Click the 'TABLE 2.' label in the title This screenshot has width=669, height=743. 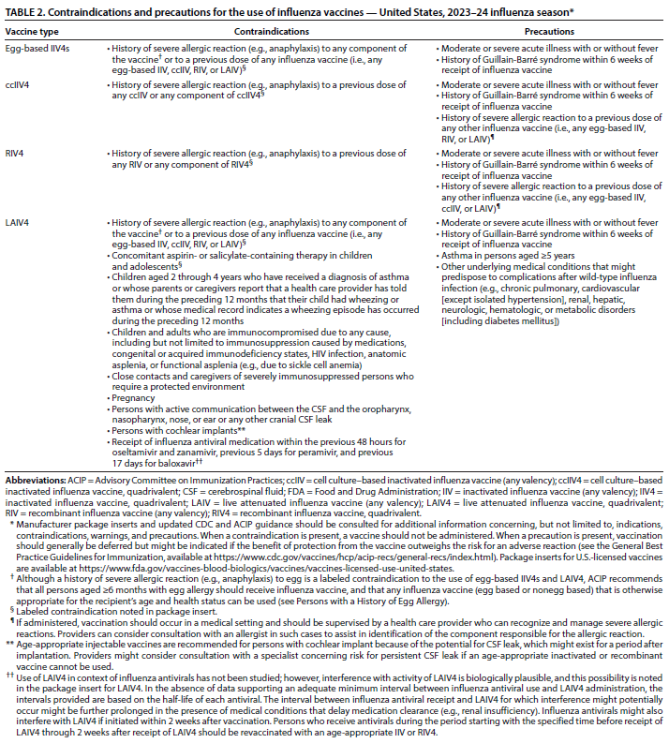coord(29,12)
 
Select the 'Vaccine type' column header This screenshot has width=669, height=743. coord(34,30)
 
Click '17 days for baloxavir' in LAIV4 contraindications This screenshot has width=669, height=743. coord(155,464)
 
